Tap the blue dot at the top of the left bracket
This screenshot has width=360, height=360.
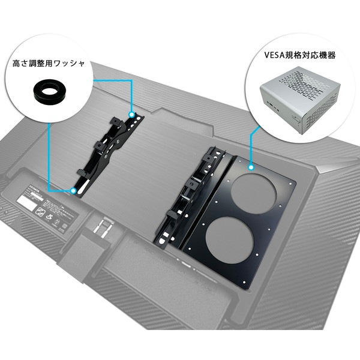point(131,112)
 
